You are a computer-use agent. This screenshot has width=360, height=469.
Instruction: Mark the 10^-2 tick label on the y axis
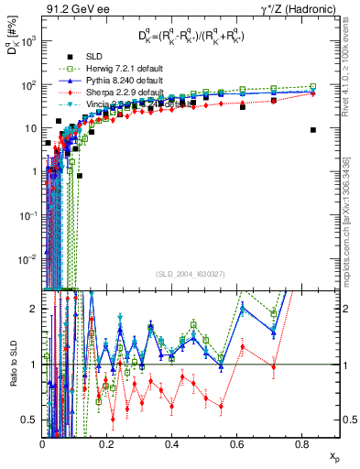coord(28,259)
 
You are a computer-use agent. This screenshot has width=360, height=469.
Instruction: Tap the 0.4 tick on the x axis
coord(172,443)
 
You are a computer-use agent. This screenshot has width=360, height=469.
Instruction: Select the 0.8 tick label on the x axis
coord(300,443)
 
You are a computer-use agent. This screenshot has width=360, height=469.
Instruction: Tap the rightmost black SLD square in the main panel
coord(313,130)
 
